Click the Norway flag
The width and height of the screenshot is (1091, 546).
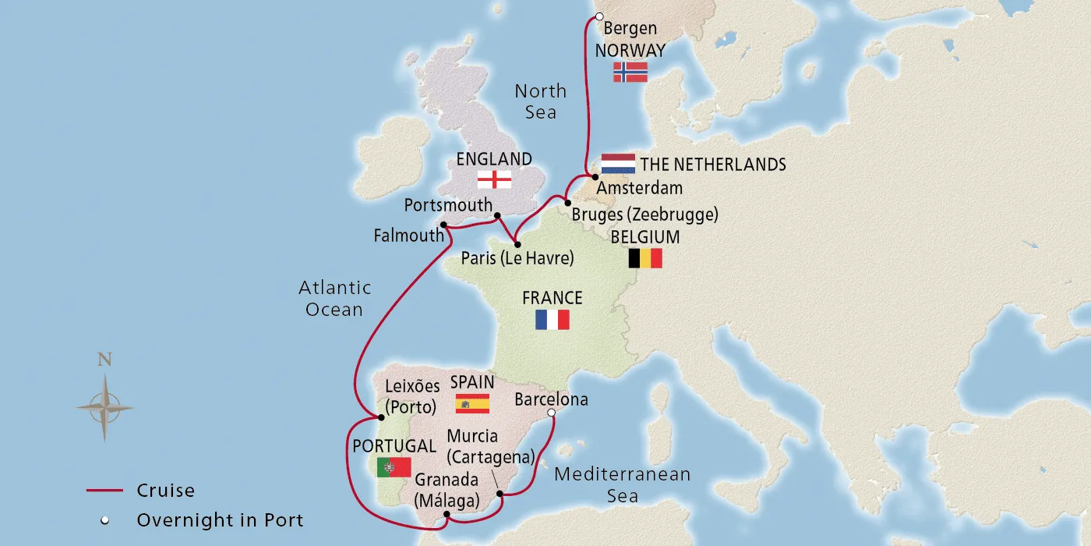pos(630,73)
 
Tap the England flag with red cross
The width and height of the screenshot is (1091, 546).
pos(494,179)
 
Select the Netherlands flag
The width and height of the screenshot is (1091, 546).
pos(618,164)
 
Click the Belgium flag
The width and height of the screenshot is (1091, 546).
pos(645,258)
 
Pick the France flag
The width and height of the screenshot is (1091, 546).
pos(552,320)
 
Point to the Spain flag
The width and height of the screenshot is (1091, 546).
pos(472,403)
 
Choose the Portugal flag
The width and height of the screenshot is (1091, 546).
pos(394,467)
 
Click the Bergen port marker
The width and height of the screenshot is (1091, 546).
pos(598,16)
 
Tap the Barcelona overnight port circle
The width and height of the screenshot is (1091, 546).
pos(551,413)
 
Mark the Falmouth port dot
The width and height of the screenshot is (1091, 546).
pos(443,225)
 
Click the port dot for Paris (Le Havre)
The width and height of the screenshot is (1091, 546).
pos(517,245)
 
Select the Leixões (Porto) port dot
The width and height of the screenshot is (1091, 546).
pos(382,417)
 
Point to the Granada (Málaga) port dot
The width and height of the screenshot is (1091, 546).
pos(446,515)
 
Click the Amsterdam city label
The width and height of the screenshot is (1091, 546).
pos(639,188)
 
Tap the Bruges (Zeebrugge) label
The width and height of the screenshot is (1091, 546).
pos(644,214)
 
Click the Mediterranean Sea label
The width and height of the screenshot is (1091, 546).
pos(622,484)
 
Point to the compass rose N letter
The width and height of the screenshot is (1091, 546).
pos(104,360)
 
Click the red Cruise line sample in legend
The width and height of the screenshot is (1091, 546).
pos(104,491)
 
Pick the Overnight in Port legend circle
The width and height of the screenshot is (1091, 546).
pos(104,520)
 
